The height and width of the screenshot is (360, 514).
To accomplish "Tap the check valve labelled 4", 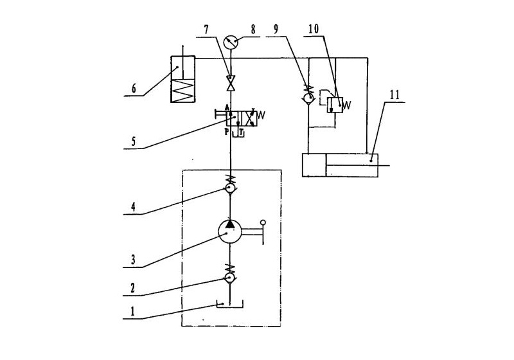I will click(230, 188).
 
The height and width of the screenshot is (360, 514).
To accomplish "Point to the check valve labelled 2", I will click(230, 278).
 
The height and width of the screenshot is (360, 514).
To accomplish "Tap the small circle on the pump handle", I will click(262, 222).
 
